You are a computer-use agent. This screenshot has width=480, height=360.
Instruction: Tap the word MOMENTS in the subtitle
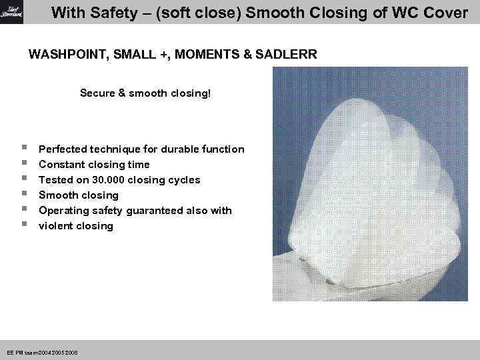205,54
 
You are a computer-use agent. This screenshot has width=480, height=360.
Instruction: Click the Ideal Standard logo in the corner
11,11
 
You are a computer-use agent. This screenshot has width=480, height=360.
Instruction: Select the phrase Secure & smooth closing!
145,93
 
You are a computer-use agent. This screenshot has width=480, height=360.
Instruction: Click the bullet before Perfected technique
24,149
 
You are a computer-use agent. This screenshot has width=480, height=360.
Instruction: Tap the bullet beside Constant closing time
24,164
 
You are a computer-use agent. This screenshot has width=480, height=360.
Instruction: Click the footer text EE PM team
23,351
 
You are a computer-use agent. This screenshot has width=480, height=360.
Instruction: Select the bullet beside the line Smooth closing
24,195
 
